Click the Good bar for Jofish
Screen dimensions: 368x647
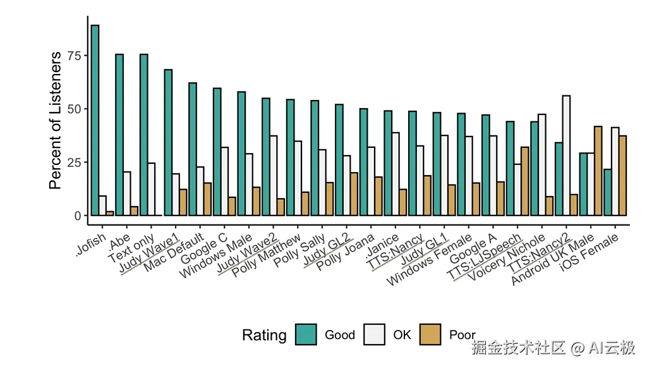pyautogui.click(x=95, y=120)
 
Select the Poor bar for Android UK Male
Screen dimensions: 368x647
pyautogui.click(x=598, y=171)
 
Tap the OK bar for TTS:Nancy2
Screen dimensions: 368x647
pyautogui.click(x=566, y=155)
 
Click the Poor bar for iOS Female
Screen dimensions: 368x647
pyautogui.click(x=622, y=175)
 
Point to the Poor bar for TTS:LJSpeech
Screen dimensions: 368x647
pyautogui.click(x=524, y=181)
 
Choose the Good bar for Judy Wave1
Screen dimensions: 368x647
pyautogui.click(x=168, y=142)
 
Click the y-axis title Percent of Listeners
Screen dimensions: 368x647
pyautogui.click(x=56, y=120)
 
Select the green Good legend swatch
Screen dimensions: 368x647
pyautogui.click(x=306, y=334)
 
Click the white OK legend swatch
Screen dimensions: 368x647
pyautogui.click(x=375, y=334)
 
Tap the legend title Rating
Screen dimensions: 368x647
pyautogui.click(x=264, y=335)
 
